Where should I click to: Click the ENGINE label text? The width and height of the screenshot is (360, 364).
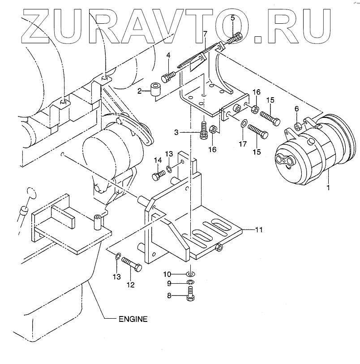click(133, 319)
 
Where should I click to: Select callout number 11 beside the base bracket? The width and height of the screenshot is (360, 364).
click(258, 230)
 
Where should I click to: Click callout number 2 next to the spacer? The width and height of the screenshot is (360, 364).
click(140, 91)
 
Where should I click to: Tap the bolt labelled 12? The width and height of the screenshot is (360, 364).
click(132, 266)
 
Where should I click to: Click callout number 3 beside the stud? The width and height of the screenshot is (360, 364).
click(176, 132)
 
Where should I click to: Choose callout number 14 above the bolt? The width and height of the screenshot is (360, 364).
click(158, 160)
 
